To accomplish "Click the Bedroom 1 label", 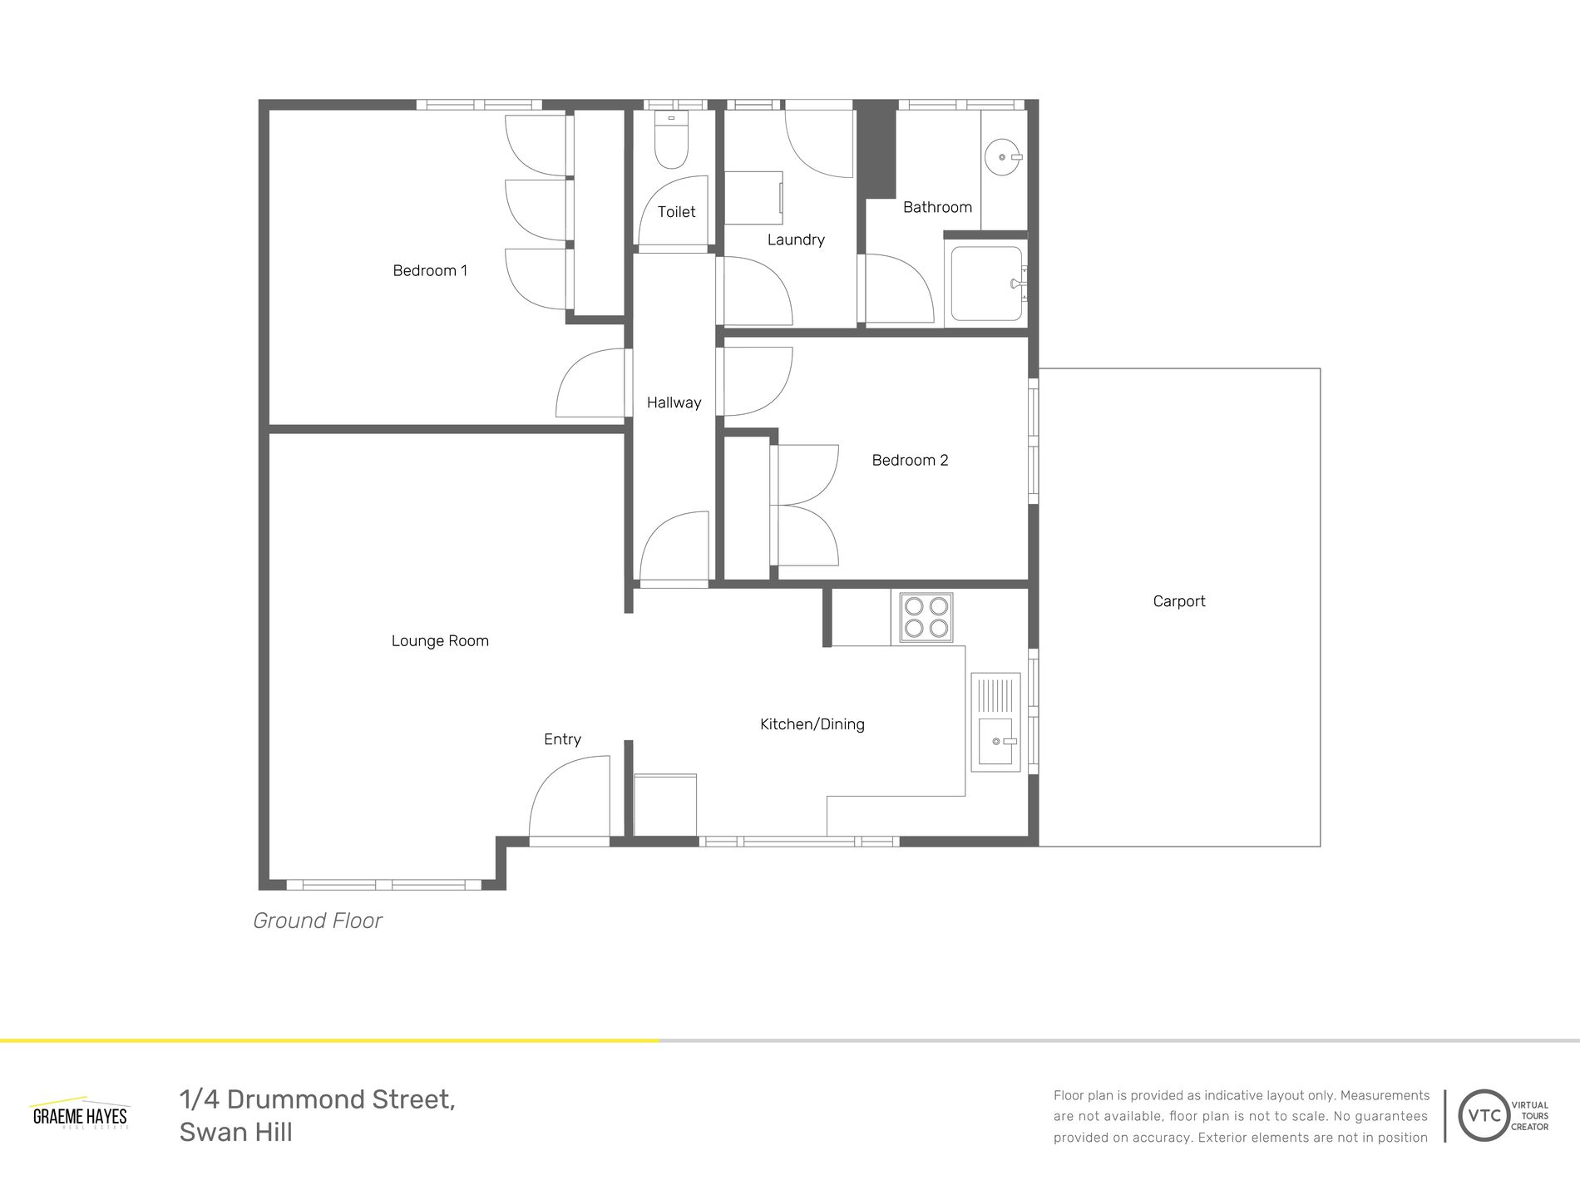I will point(430,271).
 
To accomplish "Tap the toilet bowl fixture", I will point(671,144).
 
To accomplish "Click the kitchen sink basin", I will point(995,741).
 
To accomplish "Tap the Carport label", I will point(1178,601).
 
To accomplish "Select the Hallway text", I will point(674,403).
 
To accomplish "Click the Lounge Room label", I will point(440,641).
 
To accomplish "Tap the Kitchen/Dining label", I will point(812,724).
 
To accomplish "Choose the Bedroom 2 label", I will point(910,461).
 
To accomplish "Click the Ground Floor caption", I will point(318,921).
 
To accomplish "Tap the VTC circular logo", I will point(1484,1115).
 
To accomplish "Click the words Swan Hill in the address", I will point(236,1133).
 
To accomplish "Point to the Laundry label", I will point(796,240).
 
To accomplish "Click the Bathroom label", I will point(937,208).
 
